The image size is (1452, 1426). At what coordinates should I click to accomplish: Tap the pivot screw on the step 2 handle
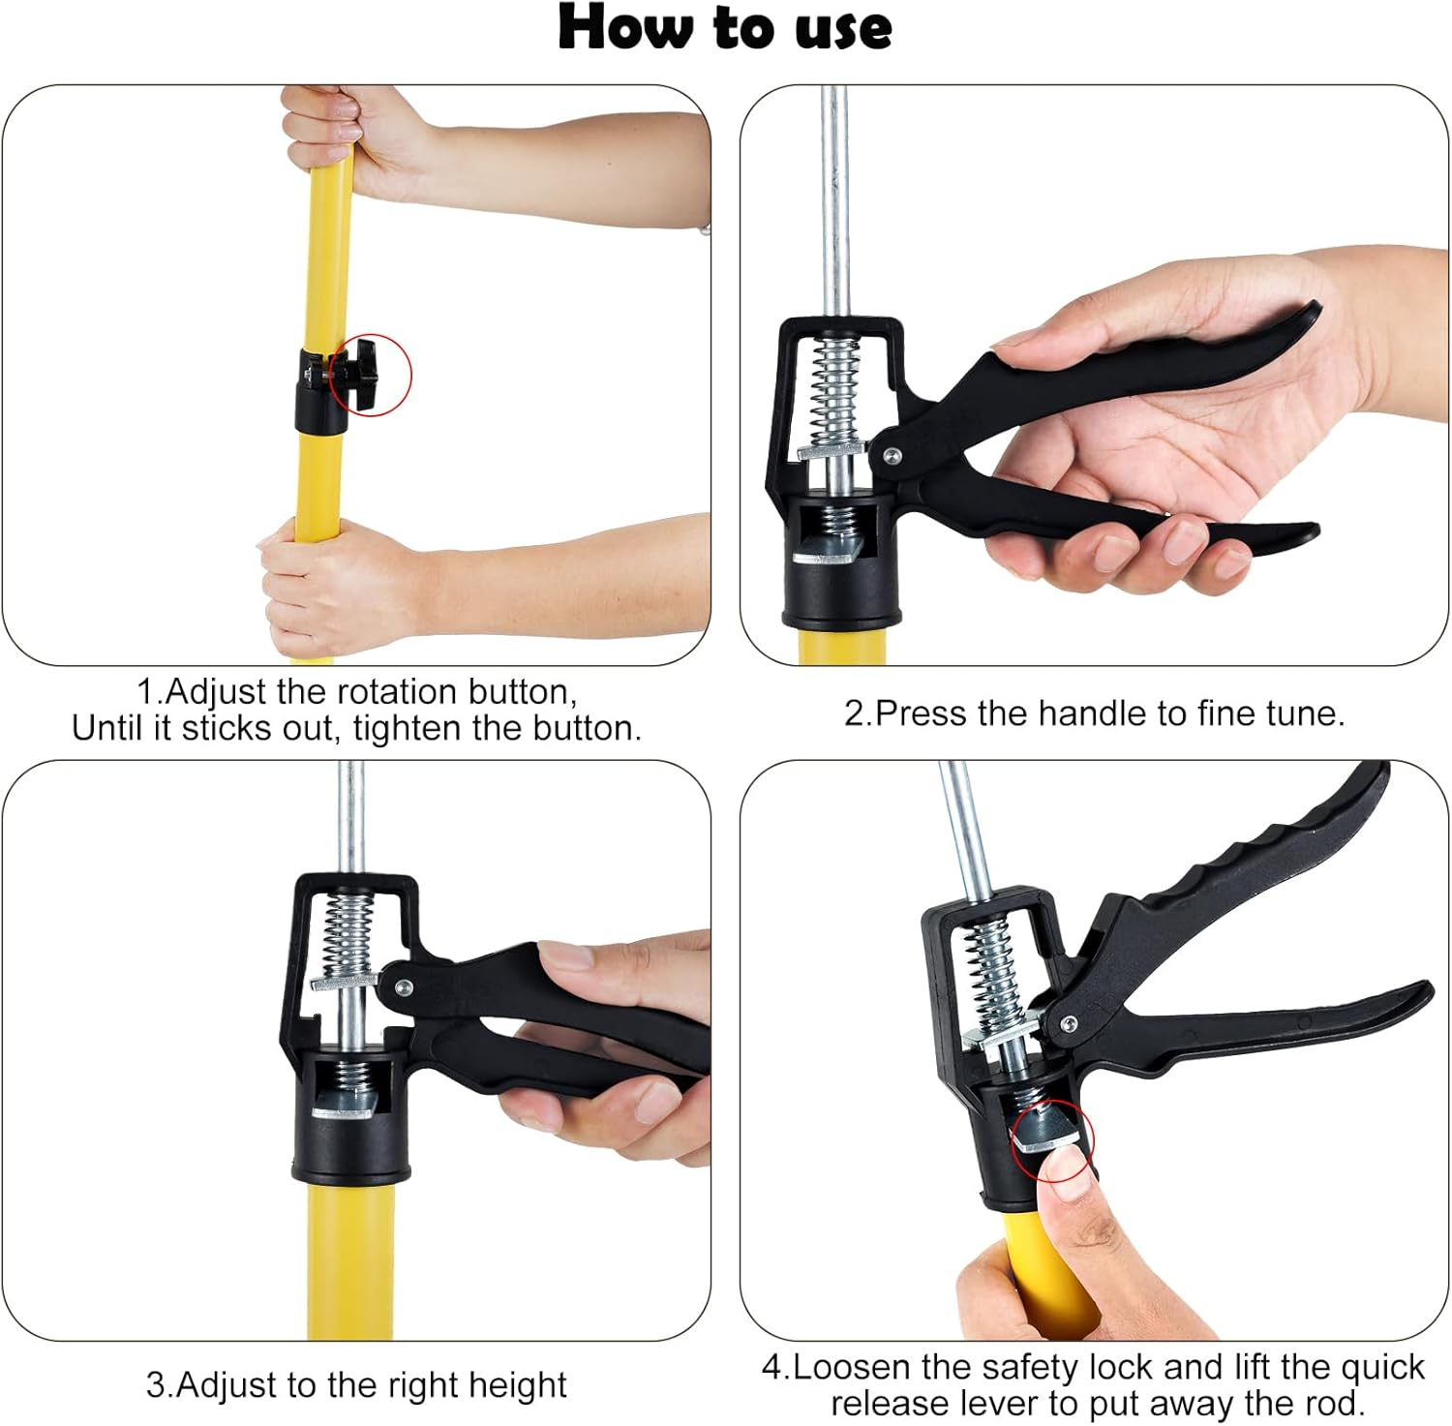tap(891, 453)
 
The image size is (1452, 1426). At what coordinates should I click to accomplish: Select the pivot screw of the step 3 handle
tap(403, 987)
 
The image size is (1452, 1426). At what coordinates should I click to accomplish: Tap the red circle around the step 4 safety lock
tap(1052, 1139)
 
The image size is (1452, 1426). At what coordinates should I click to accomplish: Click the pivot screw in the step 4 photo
tap(1068, 1022)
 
